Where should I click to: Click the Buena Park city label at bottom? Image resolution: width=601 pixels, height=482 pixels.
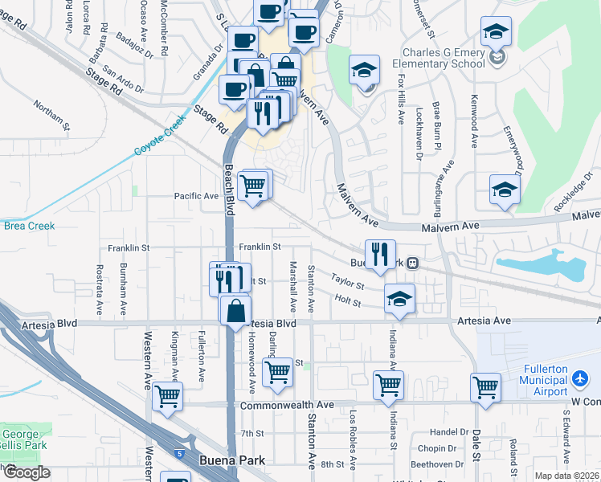[x=232, y=461]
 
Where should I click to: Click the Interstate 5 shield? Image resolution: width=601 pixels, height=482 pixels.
[x=177, y=451]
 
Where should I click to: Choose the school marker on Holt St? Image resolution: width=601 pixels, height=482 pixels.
[x=399, y=298]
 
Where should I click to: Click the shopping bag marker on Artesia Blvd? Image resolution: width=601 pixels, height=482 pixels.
[x=235, y=310]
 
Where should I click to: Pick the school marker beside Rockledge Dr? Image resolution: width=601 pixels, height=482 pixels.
[x=504, y=190]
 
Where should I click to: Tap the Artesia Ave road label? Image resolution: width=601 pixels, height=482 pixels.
[x=484, y=321]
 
